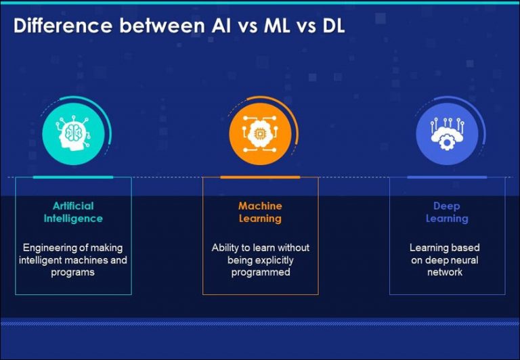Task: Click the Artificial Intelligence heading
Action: [73, 212]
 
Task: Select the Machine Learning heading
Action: [260, 212]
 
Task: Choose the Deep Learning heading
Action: [447, 212]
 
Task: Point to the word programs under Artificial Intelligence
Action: [73, 272]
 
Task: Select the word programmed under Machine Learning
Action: [260, 272]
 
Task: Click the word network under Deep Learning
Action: [445, 272]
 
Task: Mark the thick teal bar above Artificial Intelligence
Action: [73, 177]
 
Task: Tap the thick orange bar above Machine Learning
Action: [260, 177]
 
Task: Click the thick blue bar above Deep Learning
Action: [447, 177]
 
